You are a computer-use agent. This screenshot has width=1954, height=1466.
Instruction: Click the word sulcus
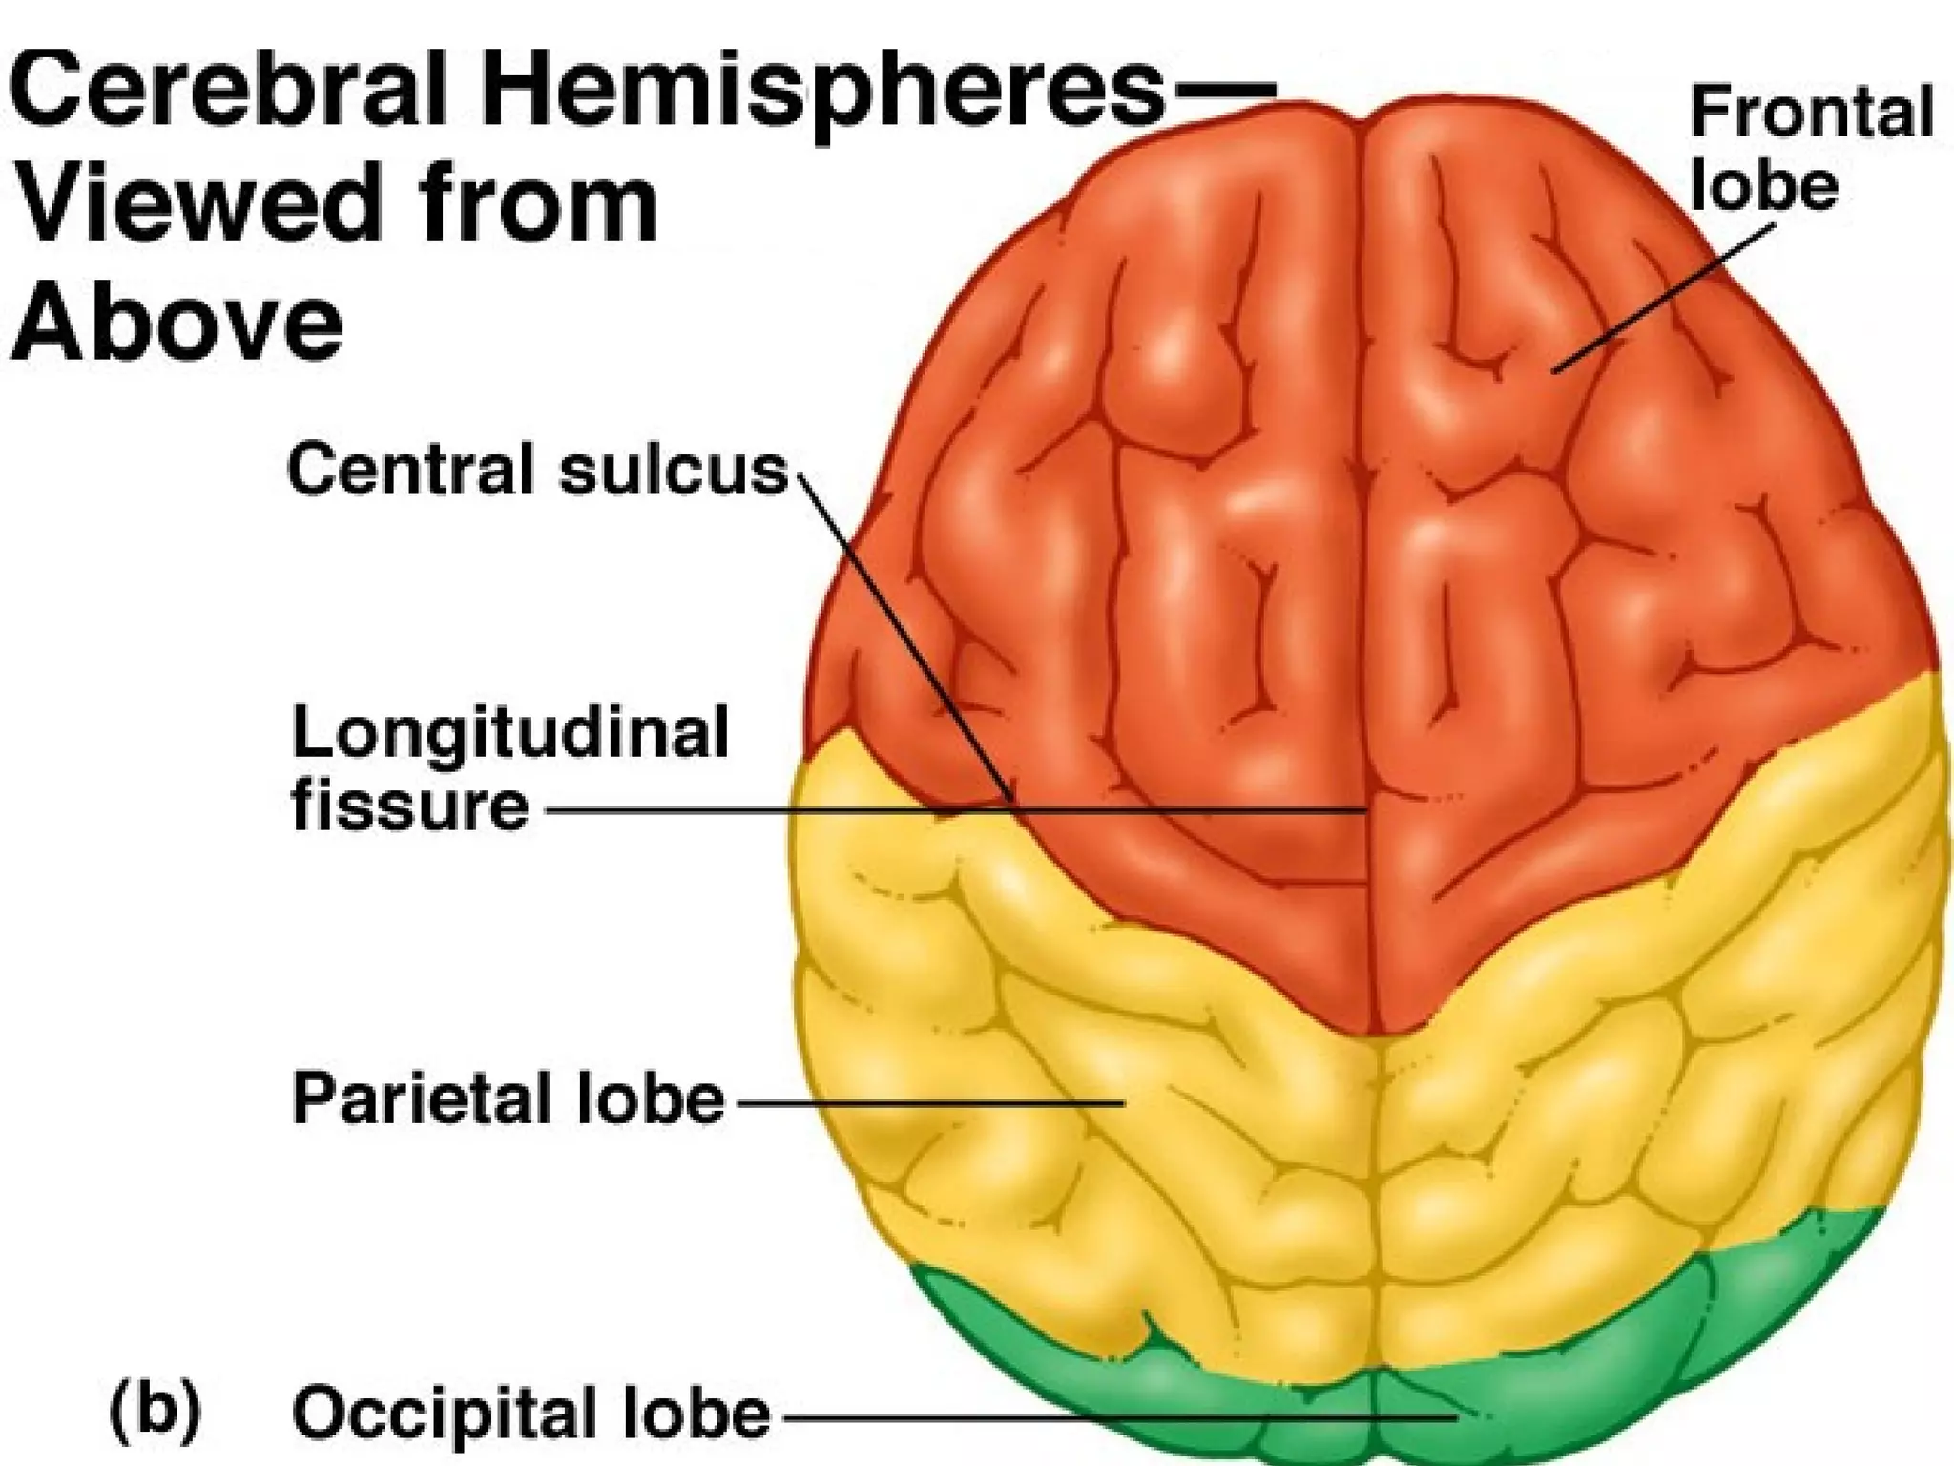[674, 471]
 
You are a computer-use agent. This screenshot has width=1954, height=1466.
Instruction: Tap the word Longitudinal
[510, 734]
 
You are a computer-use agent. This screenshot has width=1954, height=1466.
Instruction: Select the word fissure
[410, 806]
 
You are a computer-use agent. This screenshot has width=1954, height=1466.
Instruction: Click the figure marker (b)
[156, 1412]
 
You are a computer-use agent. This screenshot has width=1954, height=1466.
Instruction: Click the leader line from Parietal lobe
[925, 1102]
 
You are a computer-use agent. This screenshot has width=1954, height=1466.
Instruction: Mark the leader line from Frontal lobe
[1665, 298]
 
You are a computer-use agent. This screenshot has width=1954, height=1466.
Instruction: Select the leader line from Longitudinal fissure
[954, 810]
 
